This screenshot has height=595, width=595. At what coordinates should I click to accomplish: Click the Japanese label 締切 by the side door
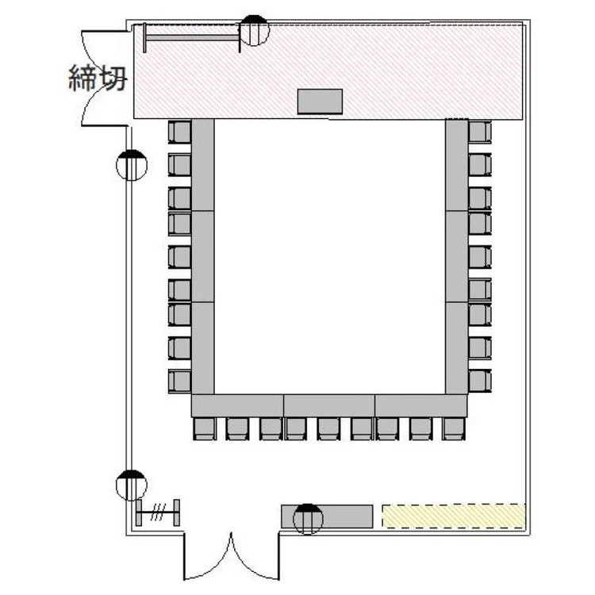point(98,78)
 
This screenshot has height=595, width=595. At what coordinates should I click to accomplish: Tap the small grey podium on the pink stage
point(320,102)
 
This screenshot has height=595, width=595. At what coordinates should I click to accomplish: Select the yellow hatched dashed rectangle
point(454,516)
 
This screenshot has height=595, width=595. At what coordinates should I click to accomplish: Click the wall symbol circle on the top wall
point(254,30)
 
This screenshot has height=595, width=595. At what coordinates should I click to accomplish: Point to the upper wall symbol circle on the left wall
point(131,165)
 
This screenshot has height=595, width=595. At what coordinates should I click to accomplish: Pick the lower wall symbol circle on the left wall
point(131,485)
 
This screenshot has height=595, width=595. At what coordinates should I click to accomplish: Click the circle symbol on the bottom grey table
point(308,519)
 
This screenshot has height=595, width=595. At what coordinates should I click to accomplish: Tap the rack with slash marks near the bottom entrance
point(158,512)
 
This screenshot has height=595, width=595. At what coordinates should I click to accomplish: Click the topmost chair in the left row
point(179,132)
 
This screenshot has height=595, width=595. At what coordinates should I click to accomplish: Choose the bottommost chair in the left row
point(179,381)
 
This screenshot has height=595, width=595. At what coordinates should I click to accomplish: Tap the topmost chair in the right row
point(480,132)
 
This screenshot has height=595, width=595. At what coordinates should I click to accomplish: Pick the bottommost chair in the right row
point(480,381)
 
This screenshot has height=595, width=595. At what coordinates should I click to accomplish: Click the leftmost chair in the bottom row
point(205,428)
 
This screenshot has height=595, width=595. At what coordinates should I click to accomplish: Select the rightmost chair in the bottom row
point(454,428)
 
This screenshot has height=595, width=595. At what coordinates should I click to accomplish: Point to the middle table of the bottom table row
point(329,405)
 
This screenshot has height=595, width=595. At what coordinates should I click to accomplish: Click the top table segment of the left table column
point(202,165)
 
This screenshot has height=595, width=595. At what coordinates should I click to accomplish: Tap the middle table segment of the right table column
point(456,256)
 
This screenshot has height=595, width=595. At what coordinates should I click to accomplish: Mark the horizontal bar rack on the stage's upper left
point(192,37)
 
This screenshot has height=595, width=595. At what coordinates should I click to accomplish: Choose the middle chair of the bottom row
point(328,428)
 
